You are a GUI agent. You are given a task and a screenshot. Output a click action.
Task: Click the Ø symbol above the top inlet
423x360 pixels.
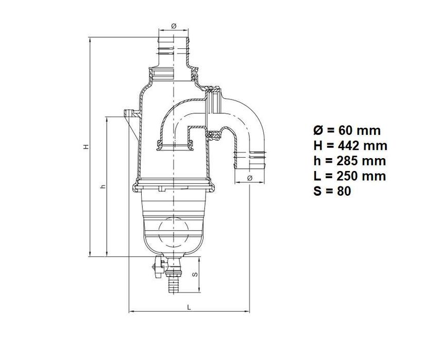pos(174,26)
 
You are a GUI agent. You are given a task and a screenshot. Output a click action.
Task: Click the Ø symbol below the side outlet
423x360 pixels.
pos(250,178)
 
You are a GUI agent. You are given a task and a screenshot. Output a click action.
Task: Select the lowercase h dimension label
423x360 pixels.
pos(103,186)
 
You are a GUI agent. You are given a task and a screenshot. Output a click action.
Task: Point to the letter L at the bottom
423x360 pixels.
pos(189,307)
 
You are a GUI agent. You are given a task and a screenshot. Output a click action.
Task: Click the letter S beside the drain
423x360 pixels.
pos(194,275)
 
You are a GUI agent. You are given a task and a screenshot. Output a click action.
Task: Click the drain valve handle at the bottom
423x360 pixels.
pos(157,267)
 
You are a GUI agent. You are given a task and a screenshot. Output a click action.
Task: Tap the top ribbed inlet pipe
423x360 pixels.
pos(174,46)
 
